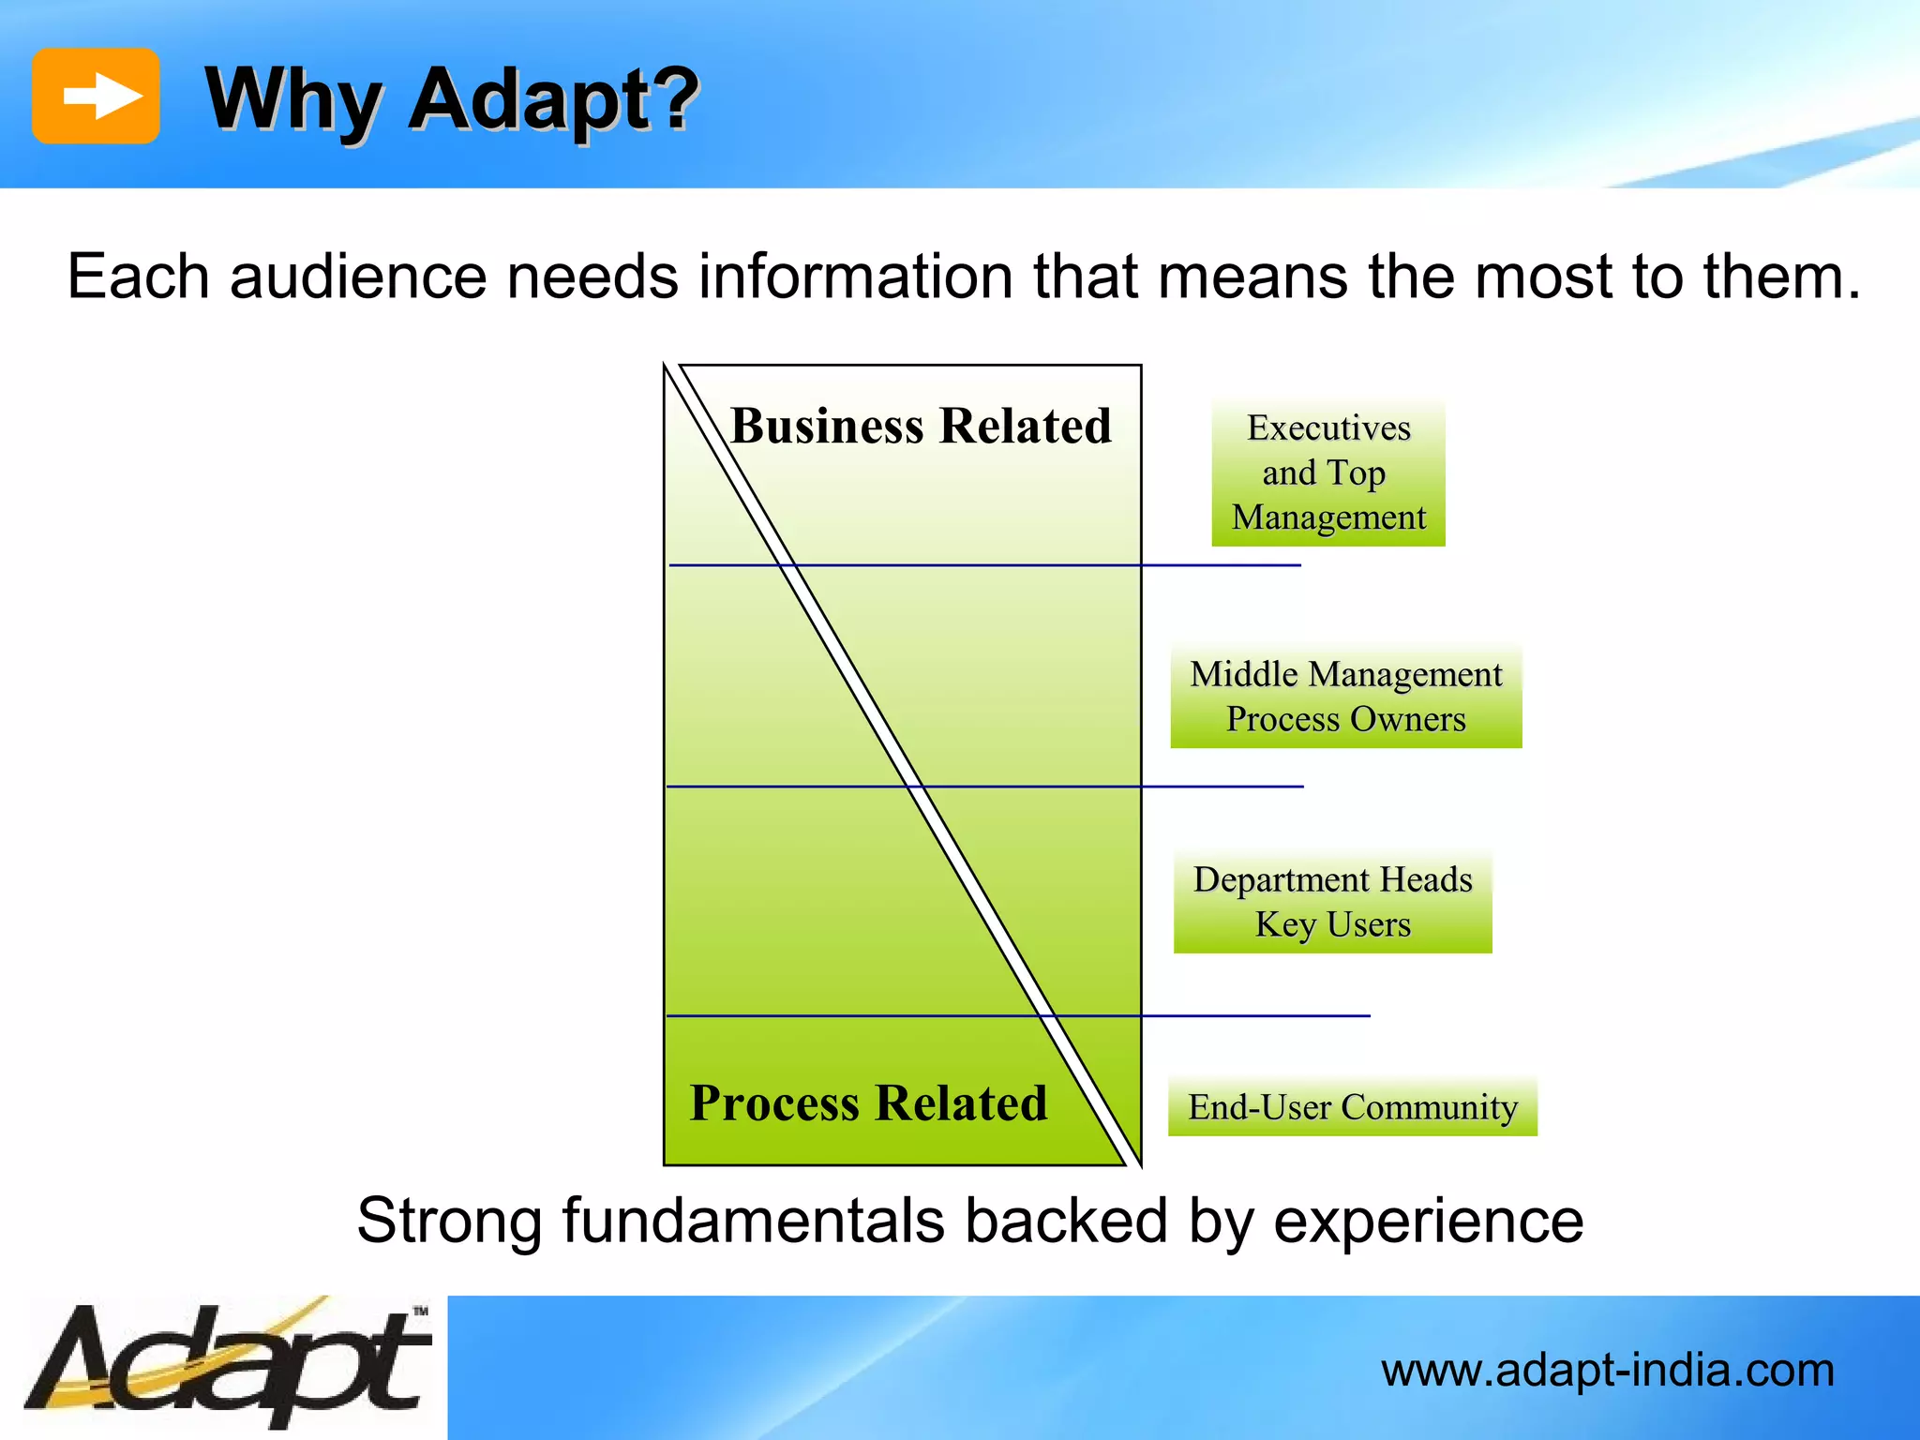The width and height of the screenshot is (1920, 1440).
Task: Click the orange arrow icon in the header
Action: (x=96, y=97)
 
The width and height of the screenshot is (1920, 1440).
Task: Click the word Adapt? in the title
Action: (x=555, y=101)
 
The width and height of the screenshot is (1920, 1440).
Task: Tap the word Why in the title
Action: (x=293, y=101)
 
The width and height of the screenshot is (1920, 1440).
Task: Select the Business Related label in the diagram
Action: (x=921, y=427)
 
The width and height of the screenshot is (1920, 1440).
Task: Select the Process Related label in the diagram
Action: (x=868, y=1103)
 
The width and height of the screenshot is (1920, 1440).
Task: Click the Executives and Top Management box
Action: (x=1327, y=472)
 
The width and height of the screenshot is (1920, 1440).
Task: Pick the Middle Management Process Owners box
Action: (x=1345, y=697)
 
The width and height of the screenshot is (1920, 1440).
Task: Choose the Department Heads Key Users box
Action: (x=1332, y=902)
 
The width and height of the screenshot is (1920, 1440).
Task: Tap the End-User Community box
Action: (x=1352, y=1107)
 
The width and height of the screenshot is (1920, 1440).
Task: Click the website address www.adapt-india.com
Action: (x=1607, y=1371)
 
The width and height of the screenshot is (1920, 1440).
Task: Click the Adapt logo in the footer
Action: (x=225, y=1365)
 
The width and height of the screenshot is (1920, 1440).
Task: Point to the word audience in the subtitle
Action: (x=359, y=277)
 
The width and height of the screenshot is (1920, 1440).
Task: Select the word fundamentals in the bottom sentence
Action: (x=753, y=1222)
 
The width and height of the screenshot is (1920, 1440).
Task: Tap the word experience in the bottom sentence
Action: (x=1428, y=1222)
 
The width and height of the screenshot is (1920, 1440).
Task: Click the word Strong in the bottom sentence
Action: (x=449, y=1222)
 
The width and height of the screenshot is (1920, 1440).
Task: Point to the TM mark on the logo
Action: (x=421, y=1311)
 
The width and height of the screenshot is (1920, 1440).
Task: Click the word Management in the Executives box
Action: (x=1327, y=517)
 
